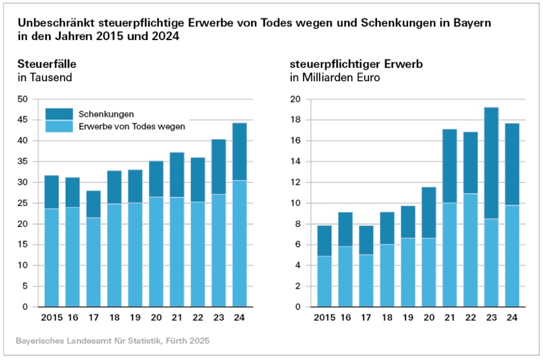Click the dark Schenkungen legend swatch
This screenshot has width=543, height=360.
pyautogui.click(x=59, y=114)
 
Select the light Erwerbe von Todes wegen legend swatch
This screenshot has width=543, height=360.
pyautogui.click(x=59, y=126)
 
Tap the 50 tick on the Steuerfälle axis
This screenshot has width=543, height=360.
pyautogui.click(x=23, y=99)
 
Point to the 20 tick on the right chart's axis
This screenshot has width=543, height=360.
pyautogui.click(x=296, y=99)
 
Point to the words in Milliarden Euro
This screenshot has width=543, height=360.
pyautogui.click(x=334, y=77)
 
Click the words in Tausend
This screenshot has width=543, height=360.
pyautogui.click(x=45, y=77)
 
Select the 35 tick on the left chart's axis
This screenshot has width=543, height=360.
pyautogui.click(x=23, y=161)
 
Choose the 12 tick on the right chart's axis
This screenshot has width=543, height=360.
pyautogui.click(x=296, y=183)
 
